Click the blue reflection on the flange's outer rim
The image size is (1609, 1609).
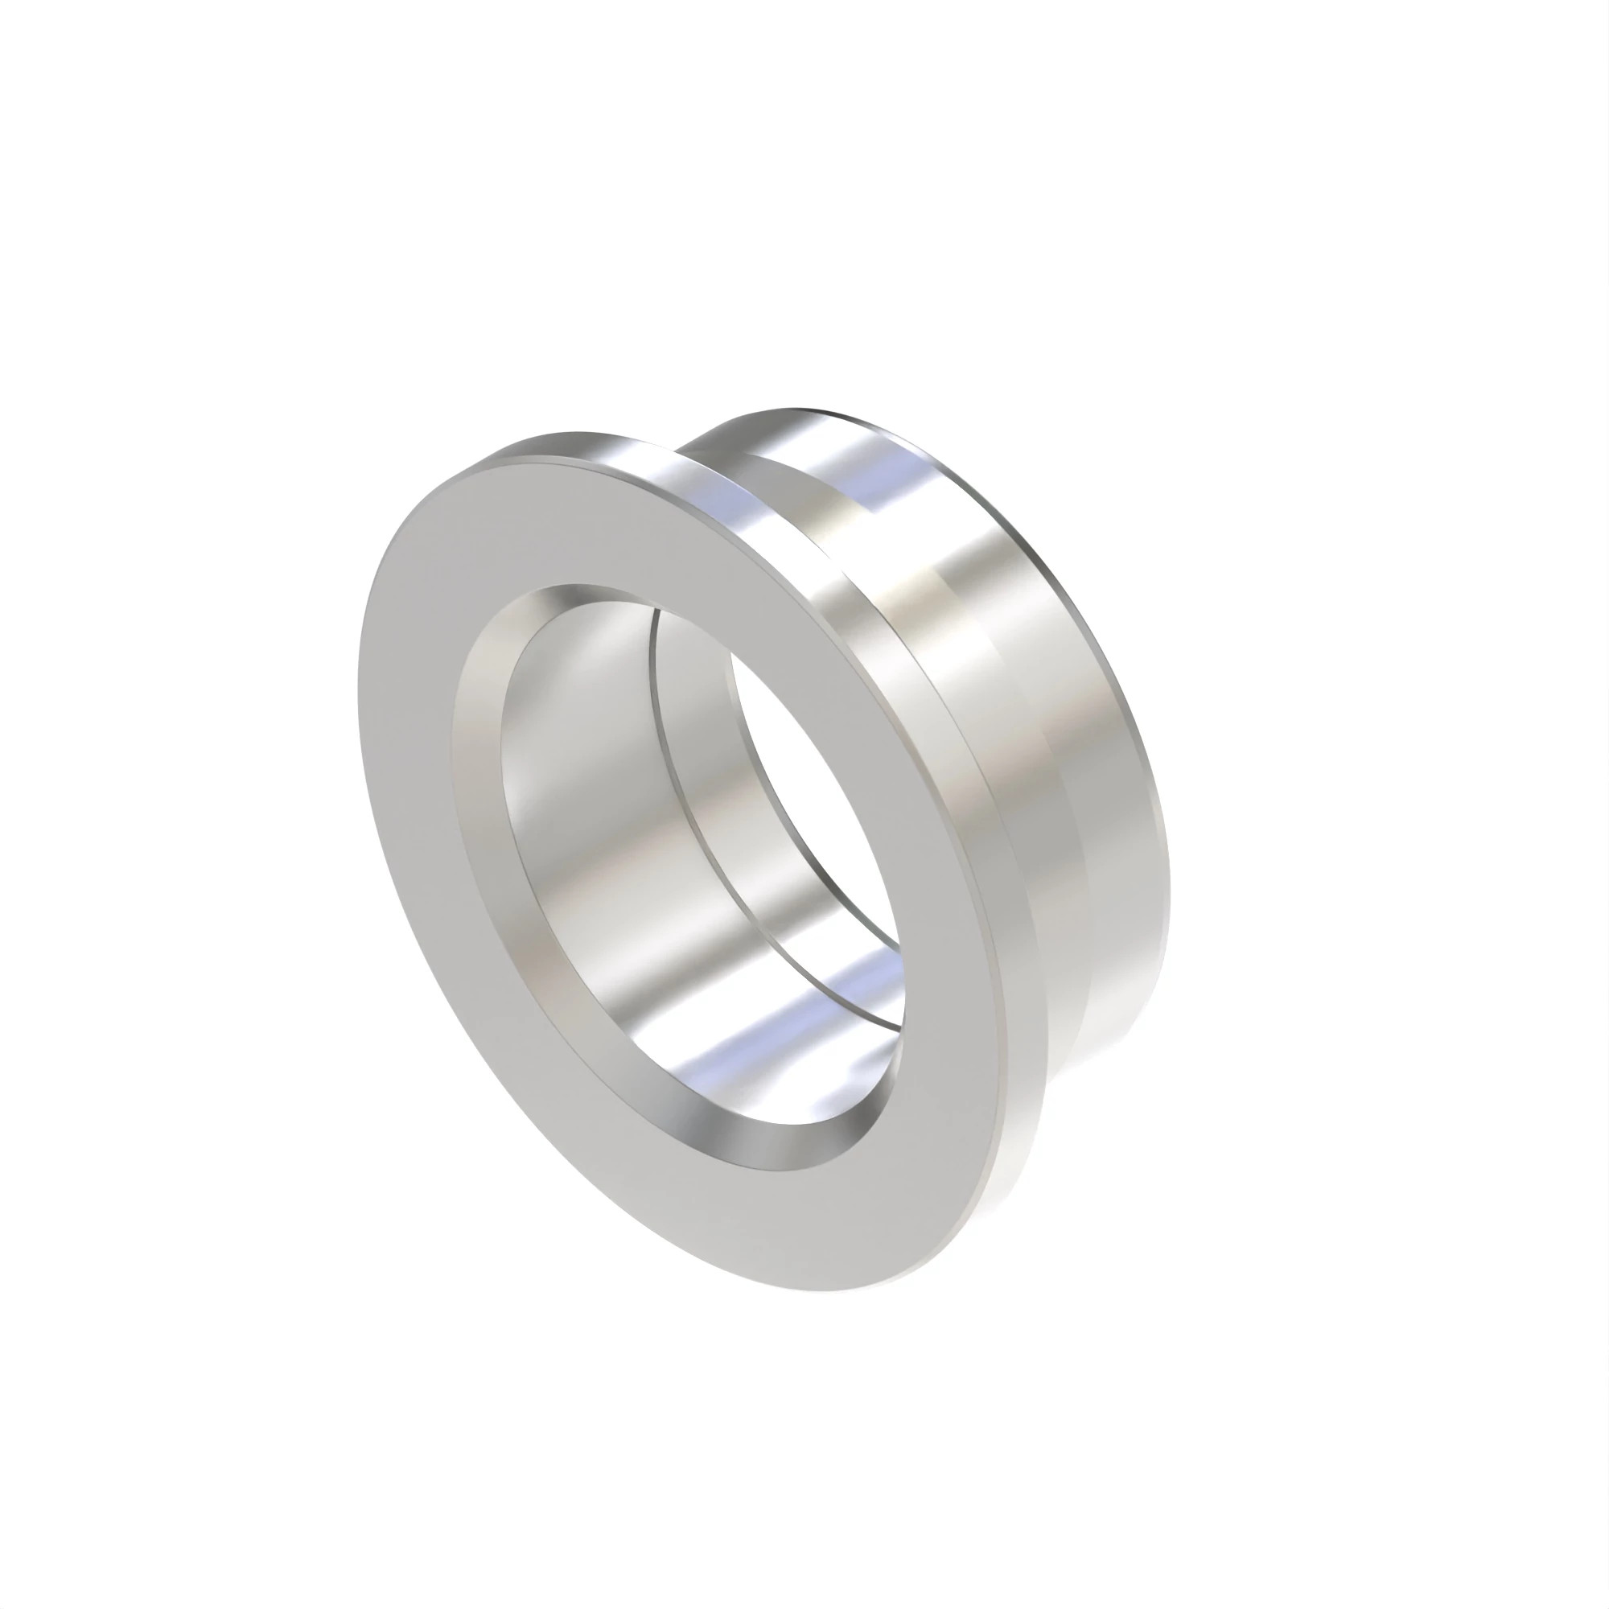click(716, 508)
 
